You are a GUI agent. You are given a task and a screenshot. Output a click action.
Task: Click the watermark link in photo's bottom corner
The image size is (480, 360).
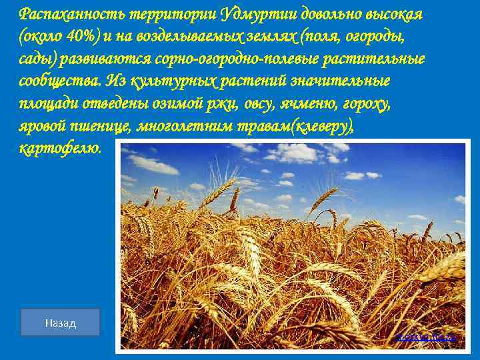427,338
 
